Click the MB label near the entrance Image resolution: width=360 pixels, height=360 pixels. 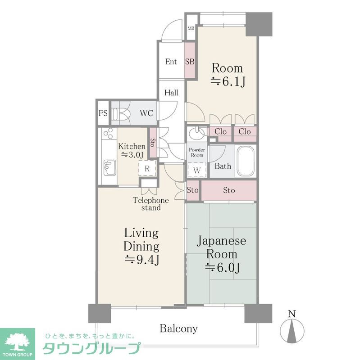(x=191, y=27)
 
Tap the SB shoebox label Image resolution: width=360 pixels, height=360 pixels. (x=190, y=62)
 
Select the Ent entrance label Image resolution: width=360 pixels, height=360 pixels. (x=171, y=62)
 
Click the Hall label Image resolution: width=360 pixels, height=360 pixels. (x=171, y=93)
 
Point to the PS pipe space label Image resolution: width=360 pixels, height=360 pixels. (x=103, y=113)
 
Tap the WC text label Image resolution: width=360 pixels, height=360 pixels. (x=146, y=113)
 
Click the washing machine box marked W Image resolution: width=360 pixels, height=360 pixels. (x=197, y=170)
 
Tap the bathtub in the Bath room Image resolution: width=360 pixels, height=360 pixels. (x=245, y=161)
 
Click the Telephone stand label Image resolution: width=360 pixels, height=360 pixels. (x=150, y=204)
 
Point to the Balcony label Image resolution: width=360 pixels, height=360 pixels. (x=178, y=328)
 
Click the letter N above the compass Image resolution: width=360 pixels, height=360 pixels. (x=292, y=314)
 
